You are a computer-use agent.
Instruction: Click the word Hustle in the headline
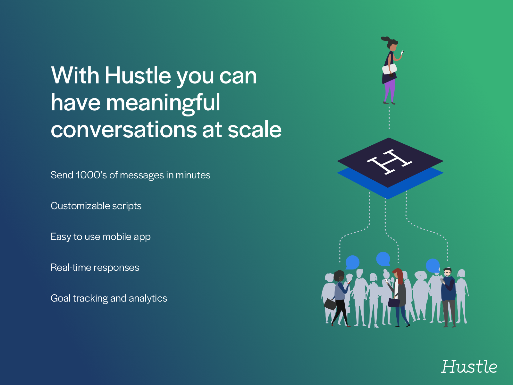(x=138, y=75)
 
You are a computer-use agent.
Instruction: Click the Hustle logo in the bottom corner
(x=469, y=366)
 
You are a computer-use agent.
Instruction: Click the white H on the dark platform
(x=390, y=162)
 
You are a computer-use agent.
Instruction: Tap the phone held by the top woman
(x=402, y=53)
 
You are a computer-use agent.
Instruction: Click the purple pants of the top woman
(x=390, y=90)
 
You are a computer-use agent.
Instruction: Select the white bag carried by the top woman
(x=389, y=69)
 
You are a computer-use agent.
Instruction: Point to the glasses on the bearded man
(x=447, y=272)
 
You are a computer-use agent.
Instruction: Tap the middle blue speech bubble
(x=383, y=259)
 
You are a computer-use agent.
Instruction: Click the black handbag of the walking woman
(x=330, y=304)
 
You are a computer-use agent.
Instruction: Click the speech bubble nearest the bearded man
(x=433, y=266)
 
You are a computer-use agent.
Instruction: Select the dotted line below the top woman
(x=389, y=118)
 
